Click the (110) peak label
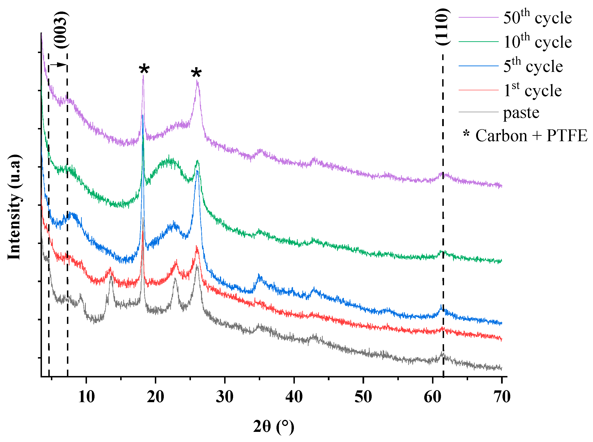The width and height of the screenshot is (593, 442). point(442,27)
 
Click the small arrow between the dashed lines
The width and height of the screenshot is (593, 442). point(58,65)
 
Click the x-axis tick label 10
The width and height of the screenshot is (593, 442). point(86,397)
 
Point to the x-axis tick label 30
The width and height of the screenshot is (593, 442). point(224,397)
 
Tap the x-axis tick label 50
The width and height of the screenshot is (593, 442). point(363,397)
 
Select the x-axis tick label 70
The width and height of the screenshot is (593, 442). point(502,397)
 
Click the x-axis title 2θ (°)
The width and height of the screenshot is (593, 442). point(274,426)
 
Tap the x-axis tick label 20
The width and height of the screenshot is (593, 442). point(155,397)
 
